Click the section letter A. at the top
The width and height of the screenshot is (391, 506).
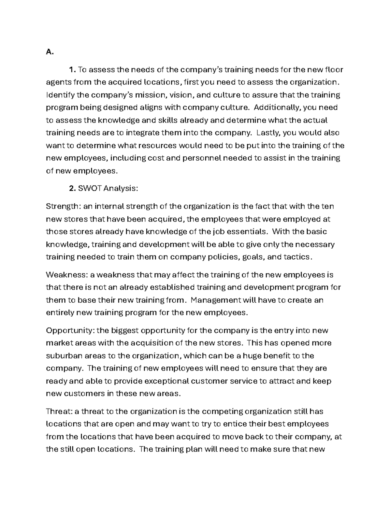click(49, 52)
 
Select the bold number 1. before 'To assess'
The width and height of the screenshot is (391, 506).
click(72, 70)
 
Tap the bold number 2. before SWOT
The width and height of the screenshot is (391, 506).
click(72, 188)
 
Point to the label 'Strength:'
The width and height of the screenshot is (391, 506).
click(63, 207)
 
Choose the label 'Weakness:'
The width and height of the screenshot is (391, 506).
click(66, 275)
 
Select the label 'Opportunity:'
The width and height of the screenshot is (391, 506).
click(70, 331)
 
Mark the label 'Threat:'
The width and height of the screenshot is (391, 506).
click(59, 412)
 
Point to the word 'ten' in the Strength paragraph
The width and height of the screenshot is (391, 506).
click(327, 207)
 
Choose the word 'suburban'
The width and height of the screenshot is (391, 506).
click(62, 356)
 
